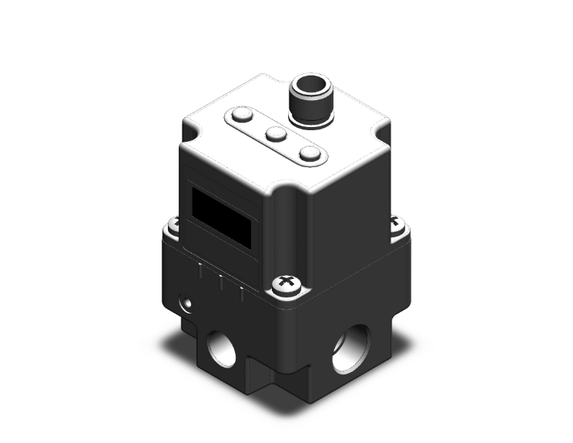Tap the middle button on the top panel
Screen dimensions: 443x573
(x=276, y=135)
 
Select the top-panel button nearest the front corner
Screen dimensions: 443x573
(x=310, y=153)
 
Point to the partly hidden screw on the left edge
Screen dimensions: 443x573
(x=173, y=224)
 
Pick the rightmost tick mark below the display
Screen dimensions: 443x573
(x=242, y=292)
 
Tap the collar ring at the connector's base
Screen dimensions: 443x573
(x=307, y=117)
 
